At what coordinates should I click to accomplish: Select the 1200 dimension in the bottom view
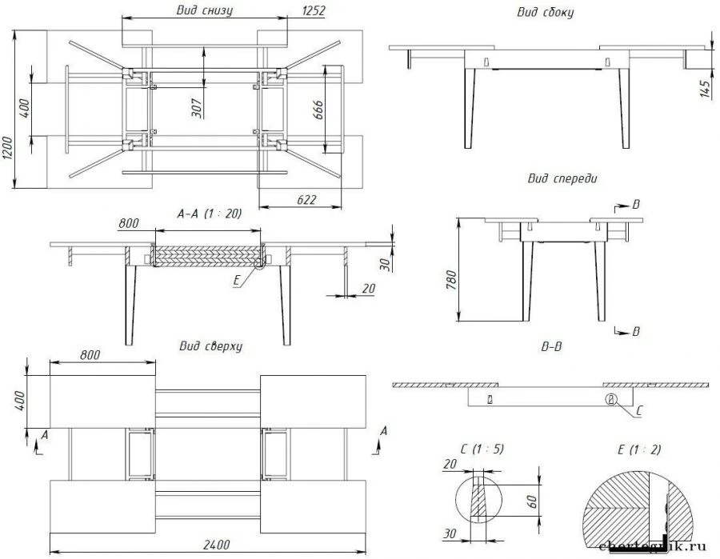[7, 148]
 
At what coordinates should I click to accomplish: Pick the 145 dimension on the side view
[705, 89]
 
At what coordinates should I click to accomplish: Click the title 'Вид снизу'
[205, 11]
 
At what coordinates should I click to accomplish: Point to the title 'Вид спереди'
[562, 178]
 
